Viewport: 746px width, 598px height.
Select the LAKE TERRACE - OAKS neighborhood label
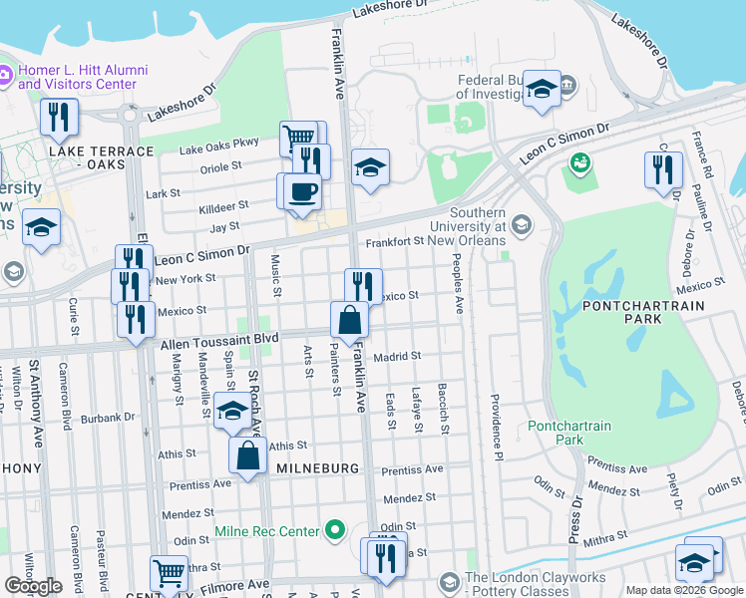tap(101, 157)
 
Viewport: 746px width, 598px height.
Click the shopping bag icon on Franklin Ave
tap(349, 320)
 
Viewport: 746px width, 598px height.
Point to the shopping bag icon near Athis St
tap(247, 455)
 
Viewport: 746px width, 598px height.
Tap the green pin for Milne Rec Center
tap(336, 531)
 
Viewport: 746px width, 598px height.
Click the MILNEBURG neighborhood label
tap(318, 468)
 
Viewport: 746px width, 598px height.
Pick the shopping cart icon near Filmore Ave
tap(169, 574)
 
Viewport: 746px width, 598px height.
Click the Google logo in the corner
tap(33, 586)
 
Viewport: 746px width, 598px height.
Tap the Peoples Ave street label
tap(458, 283)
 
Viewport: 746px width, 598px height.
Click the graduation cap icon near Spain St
tap(231, 410)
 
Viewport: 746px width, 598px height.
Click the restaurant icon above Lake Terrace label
tap(60, 117)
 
